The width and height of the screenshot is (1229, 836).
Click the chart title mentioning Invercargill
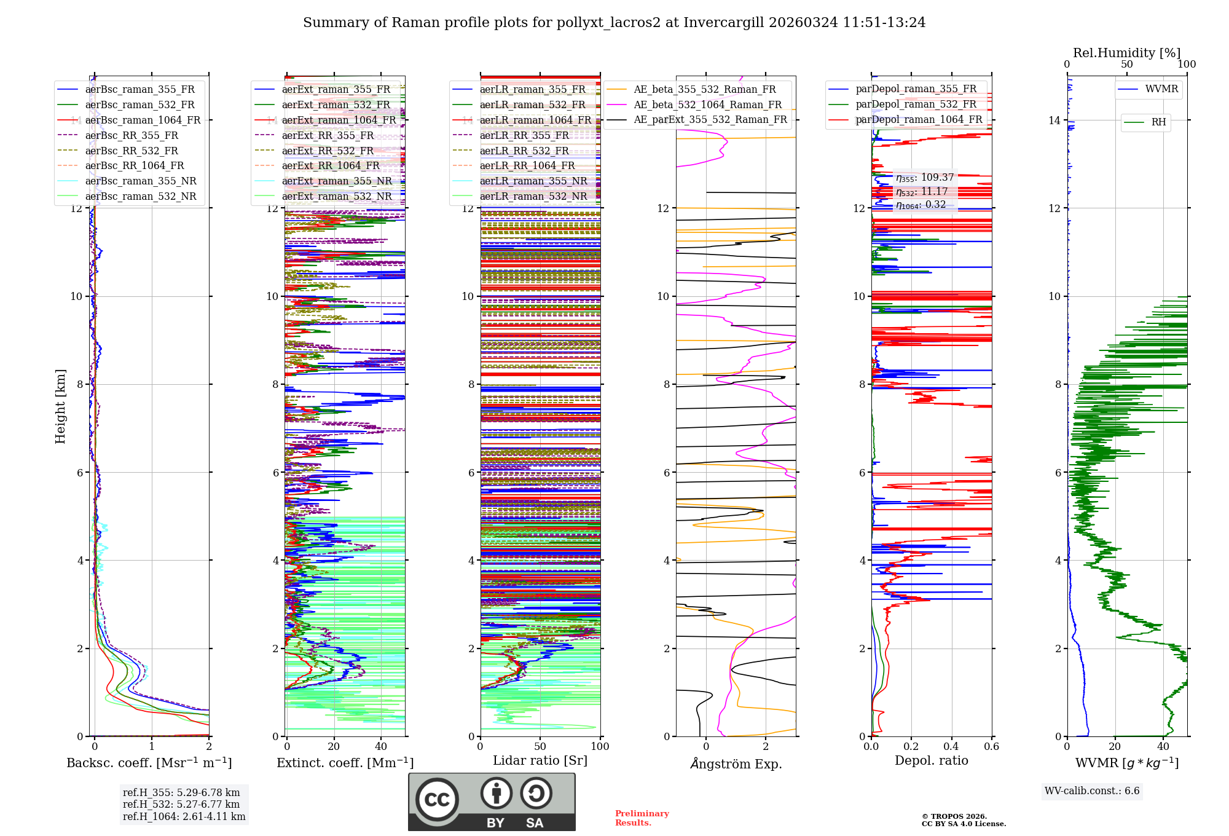click(x=614, y=23)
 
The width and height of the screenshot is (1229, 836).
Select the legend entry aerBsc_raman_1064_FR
click(x=143, y=120)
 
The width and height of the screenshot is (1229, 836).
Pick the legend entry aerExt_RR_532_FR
click(x=328, y=151)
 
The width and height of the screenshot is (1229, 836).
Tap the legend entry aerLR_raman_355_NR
click(x=533, y=181)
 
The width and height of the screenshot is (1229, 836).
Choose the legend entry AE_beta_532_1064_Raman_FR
click(x=707, y=104)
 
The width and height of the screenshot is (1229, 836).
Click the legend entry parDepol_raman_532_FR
click(x=916, y=104)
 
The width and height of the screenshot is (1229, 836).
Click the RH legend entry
click(x=1158, y=122)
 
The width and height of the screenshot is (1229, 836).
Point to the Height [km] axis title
click(x=60, y=406)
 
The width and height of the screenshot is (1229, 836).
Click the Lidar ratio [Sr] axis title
click(x=540, y=760)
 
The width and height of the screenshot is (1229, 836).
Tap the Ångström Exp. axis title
click(x=736, y=763)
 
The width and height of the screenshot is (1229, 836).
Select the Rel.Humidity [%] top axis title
click(x=1126, y=53)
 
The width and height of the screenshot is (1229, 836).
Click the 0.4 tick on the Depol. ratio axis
click(x=951, y=746)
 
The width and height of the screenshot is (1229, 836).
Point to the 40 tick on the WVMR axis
click(x=1163, y=746)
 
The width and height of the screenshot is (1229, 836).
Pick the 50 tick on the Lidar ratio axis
click(x=540, y=746)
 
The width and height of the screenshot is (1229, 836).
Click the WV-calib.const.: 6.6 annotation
click(x=1092, y=791)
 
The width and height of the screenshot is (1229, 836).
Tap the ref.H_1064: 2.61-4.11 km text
click(x=184, y=816)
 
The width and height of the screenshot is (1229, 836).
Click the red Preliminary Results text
click(x=642, y=818)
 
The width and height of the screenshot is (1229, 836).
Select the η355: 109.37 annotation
click(x=925, y=178)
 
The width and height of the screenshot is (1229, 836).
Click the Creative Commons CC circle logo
click(x=437, y=799)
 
